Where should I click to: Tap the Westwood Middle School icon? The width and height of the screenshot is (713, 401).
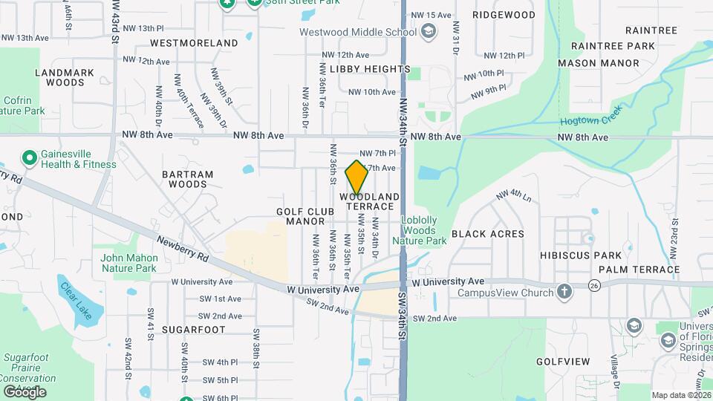pyautogui.click(x=428, y=31)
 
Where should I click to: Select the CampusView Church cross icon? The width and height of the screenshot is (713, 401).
pyautogui.click(x=564, y=292)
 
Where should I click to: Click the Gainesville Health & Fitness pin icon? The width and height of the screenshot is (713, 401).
pyautogui.click(x=29, y=158)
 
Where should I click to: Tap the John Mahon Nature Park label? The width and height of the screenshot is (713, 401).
pyautogui.click(x=128, y=263)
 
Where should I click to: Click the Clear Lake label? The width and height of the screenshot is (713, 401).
pyautogui.click(x=76, y=300)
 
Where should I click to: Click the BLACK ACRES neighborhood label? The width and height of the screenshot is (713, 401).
pyautogui.click(x=488, y=233)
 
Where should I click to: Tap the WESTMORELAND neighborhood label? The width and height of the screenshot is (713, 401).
pyautogui.click(x=194, y=43)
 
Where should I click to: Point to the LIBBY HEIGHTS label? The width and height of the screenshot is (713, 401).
pyautogui.click(x=370, y=69)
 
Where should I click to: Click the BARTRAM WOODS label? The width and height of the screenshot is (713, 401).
pyautogui.click(x=187, y=179)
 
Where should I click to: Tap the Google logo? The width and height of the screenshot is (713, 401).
pyautogui.click(x=24, y=391)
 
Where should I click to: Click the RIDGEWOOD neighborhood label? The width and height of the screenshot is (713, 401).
pyautogui.click(x=504, y=15)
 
